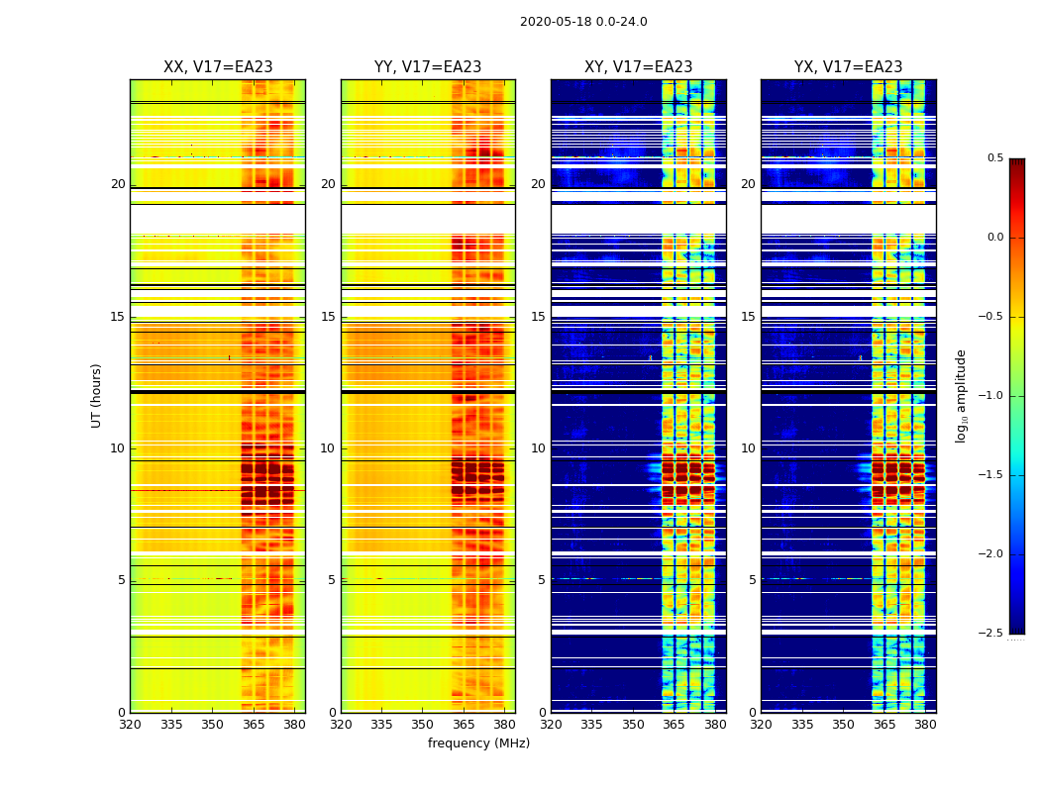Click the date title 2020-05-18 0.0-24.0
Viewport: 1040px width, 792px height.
(x=583, y=22)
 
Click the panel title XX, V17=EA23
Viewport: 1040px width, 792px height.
(x=218, y=67)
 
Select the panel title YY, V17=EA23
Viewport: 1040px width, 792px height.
(x=428, y=67)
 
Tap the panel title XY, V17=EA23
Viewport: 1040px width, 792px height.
(x=638, y=67)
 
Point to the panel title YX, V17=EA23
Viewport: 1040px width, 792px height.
(x=848, y=67)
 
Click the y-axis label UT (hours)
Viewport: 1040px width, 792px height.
(x=97, y=395)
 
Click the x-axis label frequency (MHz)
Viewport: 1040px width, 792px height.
(x=478, y=743)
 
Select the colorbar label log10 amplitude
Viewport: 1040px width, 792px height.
(x=961, y=395)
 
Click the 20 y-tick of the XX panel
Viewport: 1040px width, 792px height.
(x=119, y=184)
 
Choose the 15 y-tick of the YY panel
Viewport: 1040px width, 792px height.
(x=328, y=317)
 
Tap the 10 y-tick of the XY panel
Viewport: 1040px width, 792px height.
(x=538, y=448)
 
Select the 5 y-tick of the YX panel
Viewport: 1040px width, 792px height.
(x=753, y=580)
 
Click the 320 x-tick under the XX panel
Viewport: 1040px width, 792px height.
(x=131, y=725)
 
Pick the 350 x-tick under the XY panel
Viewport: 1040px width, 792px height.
(x=633, y=725)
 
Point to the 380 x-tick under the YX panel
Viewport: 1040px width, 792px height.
(x=925, y=725)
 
